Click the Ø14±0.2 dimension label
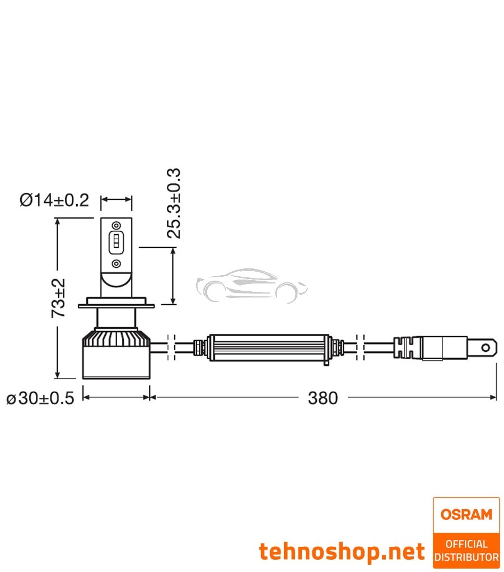coord(54,200)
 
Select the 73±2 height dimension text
coord(58,299)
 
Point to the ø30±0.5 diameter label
coord(40,398)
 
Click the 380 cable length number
coord(323,398)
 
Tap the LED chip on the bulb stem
coord(116,241)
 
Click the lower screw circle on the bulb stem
coord(116,263)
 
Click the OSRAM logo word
coord(466,514)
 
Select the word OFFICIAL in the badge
coord(466,543)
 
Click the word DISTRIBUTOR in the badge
coord(466,557)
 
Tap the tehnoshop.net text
coord(342,552)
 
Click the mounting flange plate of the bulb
coord(116,305)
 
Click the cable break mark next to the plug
coord(361,347)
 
